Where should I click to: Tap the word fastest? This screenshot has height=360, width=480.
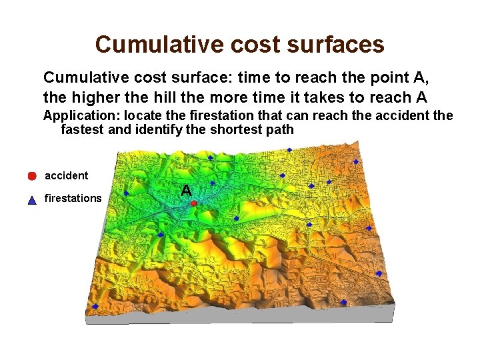(82, 129)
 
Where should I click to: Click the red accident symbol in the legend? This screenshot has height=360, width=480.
(31, 176)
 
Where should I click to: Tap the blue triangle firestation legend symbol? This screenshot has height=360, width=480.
(31, 199)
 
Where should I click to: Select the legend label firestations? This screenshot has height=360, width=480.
(73, 198)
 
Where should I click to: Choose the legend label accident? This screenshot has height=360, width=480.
(66, 175)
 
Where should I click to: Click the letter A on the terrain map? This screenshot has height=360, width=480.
(187, 191)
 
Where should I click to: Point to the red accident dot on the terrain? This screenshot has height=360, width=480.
(191, 202)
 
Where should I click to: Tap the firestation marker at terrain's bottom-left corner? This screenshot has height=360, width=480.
(95, 306)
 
